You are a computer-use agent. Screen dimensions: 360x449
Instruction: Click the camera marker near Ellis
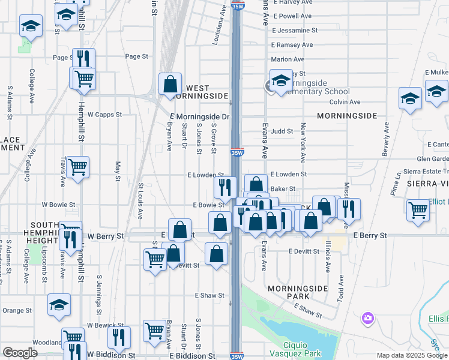coord(368,317)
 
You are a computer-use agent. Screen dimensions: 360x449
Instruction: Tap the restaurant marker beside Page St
coord(83,58)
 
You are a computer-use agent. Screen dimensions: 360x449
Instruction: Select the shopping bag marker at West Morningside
coord(170,83)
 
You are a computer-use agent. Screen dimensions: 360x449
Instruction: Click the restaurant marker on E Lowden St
coord(225,186)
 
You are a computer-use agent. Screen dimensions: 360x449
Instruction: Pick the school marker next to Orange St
coord(59,304)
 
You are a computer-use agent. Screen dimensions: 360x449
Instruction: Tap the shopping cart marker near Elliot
coord(418,209)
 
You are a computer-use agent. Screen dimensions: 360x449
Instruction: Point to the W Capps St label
coord(104,114)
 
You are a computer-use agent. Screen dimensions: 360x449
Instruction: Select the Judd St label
coord(282,131)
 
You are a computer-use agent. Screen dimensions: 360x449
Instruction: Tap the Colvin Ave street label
coord(345,102)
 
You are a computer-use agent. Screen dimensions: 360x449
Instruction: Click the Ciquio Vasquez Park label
coord(295,349)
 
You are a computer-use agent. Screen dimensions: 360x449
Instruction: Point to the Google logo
coord(20,353)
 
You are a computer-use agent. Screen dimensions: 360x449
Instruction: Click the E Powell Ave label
coord(291,16)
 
